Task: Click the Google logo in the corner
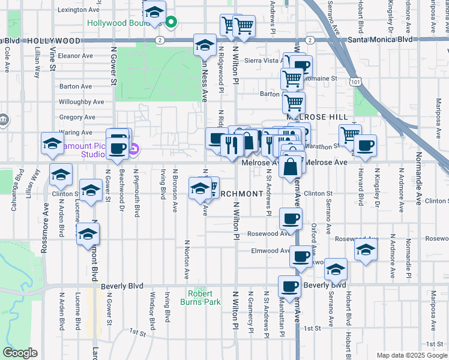pyautogui.click(x=20, y=353)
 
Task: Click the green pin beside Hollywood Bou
pyautogui.click(x=171, y=23)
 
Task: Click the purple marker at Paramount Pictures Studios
pyautogui.click(x=134, y=148)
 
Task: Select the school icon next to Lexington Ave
pyautogui.click(x=154, y=12)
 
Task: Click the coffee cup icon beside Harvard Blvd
pyautogui.click(x=364, y=145)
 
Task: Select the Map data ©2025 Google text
pyautogui.click(x=411, y=355)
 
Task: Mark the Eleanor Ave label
pyautogui.click(x=76, y=56)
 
